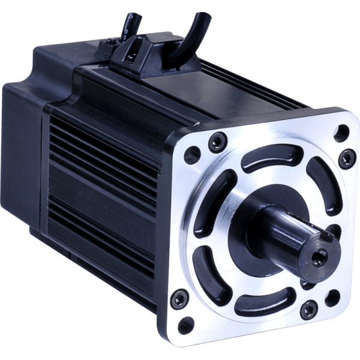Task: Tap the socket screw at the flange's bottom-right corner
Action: (x=308, y=310)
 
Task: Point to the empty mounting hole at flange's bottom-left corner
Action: (x=187, y=325)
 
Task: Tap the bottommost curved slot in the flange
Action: (x=265, y=304)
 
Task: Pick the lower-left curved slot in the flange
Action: (x=208, y=263)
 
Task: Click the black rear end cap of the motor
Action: (x=24, y=150)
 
